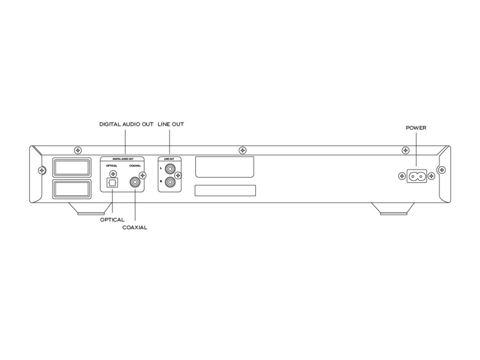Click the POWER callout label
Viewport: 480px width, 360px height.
click(x=416, y=127)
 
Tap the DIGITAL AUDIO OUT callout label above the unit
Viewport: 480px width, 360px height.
click(x=126, y=125)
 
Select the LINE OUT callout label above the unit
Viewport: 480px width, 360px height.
click(x=171, y=125)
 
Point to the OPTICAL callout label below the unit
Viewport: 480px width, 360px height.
click(x=112, y=220)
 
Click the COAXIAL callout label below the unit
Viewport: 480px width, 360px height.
click(x=135, y=227)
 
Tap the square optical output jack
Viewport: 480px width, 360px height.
click(x=112, y=183)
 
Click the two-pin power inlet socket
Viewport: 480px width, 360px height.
click(x=416, y=176)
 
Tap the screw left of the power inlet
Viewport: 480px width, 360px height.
click(x=402, y=176)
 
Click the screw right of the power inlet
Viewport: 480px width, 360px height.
click(x=431, y=176)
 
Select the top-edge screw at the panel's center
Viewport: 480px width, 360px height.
click(x=242, y=150)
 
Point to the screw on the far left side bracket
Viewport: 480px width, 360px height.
click(x=42, y=170)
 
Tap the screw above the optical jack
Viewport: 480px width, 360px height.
click(x=112, y=174)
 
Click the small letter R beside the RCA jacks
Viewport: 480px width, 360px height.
click(x=161, y=180)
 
